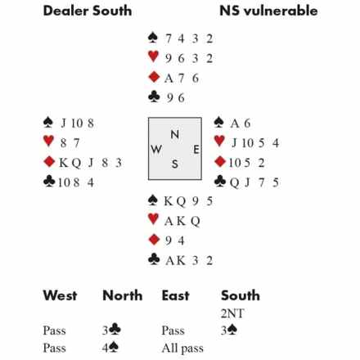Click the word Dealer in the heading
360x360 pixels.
point(66,11)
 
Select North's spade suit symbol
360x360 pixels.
point(153,38)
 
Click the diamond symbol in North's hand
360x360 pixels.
point(154,77)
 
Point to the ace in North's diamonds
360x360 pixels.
point(169,79)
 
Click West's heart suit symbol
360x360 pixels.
point(48,141)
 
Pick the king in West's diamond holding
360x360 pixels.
point(64,163)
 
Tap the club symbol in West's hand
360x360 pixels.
point(49,181)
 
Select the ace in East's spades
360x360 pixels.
point(235,124)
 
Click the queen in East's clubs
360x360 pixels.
point(235,183)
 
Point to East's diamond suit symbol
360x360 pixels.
point(220,161)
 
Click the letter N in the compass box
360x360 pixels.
point(175,134)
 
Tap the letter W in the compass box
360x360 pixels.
point(156,149)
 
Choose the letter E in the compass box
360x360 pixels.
point(196,150)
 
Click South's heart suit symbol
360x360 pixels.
point(153,218)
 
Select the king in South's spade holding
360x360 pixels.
point(169,201)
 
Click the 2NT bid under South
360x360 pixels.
point(232,313)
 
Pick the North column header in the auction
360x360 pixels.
point(123,295)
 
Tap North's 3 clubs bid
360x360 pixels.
point(111,331)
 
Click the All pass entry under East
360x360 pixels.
point(182,349)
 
